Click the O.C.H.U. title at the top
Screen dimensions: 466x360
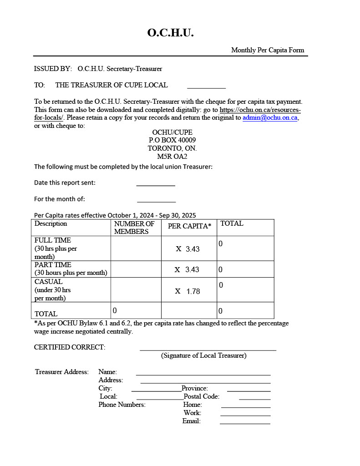(x=171, y=33)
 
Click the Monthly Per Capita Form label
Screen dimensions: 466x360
(x=268, y=50)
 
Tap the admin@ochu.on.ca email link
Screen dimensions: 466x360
(x=270, y=117)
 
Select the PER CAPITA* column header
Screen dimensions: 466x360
(x=189, y=226)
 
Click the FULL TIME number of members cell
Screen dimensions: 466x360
(x=136, y=248)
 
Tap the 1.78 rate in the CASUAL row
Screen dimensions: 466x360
(x=193, y=291)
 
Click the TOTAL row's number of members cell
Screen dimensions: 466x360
(x=136, y=310)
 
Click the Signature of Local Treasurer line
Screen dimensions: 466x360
(x=208, y=349)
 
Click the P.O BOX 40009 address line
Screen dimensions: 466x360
(x=172, y=140)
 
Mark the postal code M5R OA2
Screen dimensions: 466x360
(x=172, y=157)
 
